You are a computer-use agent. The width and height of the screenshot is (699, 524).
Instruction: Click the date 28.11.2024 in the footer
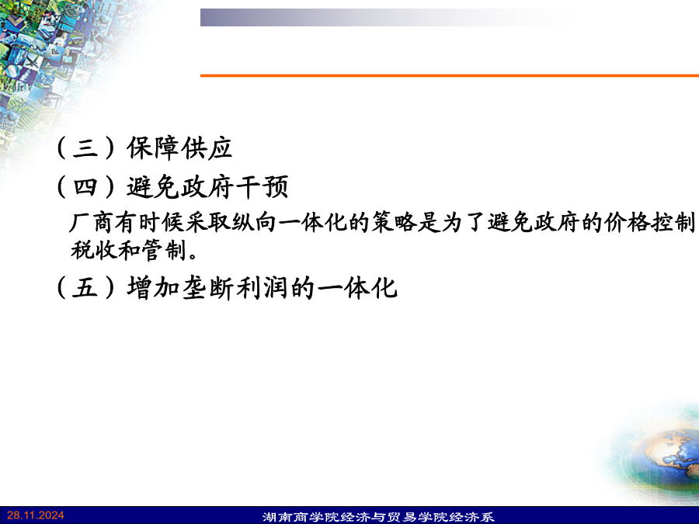click(36, 515)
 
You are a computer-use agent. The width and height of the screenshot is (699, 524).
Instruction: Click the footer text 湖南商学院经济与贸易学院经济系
click(378, 517)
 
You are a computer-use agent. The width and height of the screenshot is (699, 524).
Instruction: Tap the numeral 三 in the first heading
click(85, 147)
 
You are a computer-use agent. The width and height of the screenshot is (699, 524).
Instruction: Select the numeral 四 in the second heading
click(85, 186)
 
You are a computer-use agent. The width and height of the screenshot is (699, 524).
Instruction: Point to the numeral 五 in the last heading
click(85, 287)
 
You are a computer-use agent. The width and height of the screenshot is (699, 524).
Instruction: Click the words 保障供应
click(179, 147)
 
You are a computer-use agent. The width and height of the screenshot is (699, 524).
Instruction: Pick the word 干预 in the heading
click(263, 186)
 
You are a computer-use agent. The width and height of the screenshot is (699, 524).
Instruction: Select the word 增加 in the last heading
click(154, 287)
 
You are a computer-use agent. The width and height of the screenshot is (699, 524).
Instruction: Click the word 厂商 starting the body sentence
click(91, 222)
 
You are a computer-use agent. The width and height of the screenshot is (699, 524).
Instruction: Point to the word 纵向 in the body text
click(254, 222)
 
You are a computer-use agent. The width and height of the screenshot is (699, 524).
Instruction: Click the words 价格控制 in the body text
click(649, 222)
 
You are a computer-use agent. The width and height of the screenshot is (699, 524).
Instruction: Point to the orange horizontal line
click(450, 75)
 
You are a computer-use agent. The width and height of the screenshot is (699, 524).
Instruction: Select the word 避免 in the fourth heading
click(154, 186)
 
